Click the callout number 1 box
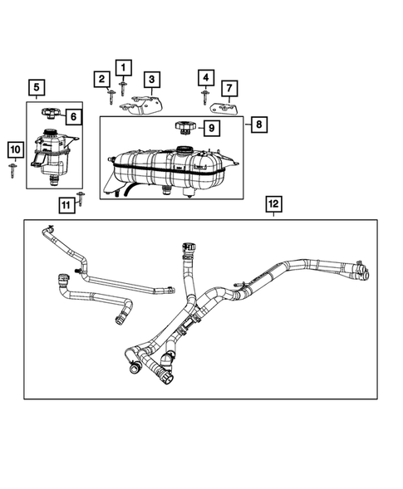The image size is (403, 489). coord(124,67)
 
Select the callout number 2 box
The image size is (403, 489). coord(101,79)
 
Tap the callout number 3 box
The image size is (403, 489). coord(152,79)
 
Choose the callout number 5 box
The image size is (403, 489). coord(36,86)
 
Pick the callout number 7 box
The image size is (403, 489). coord(230,87)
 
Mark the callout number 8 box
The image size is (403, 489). coord(258,125)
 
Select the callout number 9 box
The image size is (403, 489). coord(210,128)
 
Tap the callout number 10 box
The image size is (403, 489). coord(14,149)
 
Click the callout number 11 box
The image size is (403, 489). coord(66,203)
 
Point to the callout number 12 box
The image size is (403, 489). coord(273,203)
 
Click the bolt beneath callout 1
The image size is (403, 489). coord(123,87)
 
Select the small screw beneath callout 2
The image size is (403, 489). coord(110,97)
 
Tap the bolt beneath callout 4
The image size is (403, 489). coord(204,97)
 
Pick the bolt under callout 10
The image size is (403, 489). coord(14,170)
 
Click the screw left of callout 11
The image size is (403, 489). coord(81,197)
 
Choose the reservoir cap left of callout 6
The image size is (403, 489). coord(51,113)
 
